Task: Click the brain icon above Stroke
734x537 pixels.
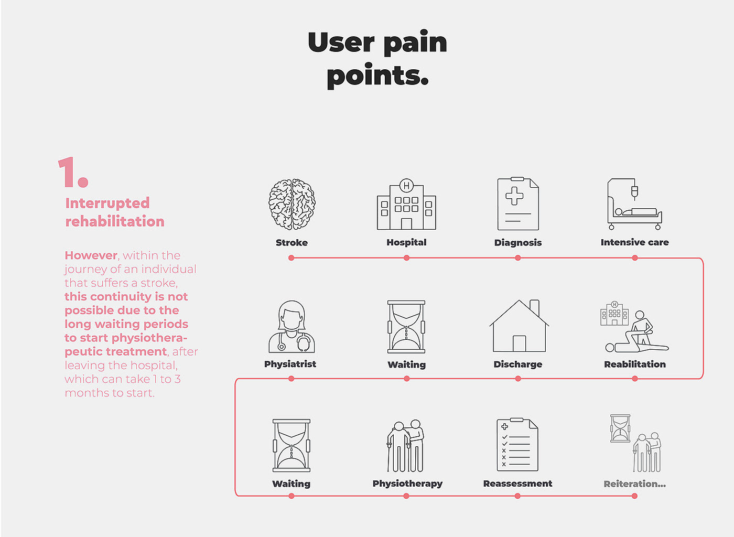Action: coord(292,205)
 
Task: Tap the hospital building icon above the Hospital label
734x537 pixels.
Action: coord(406,206)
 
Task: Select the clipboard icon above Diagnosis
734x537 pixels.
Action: coord(518,204)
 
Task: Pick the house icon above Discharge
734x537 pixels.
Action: coord(519,326)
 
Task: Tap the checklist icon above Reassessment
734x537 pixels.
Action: coord(517,445)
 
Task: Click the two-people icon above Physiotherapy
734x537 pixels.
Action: coord(406,446)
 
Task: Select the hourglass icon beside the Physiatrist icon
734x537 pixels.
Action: coord(406,327)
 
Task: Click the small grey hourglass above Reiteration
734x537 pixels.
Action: coord(621,428)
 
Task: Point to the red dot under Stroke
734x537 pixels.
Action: coord(292,258)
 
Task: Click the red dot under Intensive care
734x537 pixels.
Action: coord(635,258)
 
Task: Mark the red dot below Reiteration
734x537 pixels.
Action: coord(634,496)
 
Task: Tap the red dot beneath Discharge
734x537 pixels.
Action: coord(518,379)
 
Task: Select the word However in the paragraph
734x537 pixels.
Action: coord(91,255)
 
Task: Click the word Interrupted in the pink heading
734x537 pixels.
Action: coord(107,203)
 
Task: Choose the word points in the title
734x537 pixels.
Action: coord(377,76)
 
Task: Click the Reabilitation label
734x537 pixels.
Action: coord(634,364)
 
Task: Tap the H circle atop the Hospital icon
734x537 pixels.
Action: coord(406,186)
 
